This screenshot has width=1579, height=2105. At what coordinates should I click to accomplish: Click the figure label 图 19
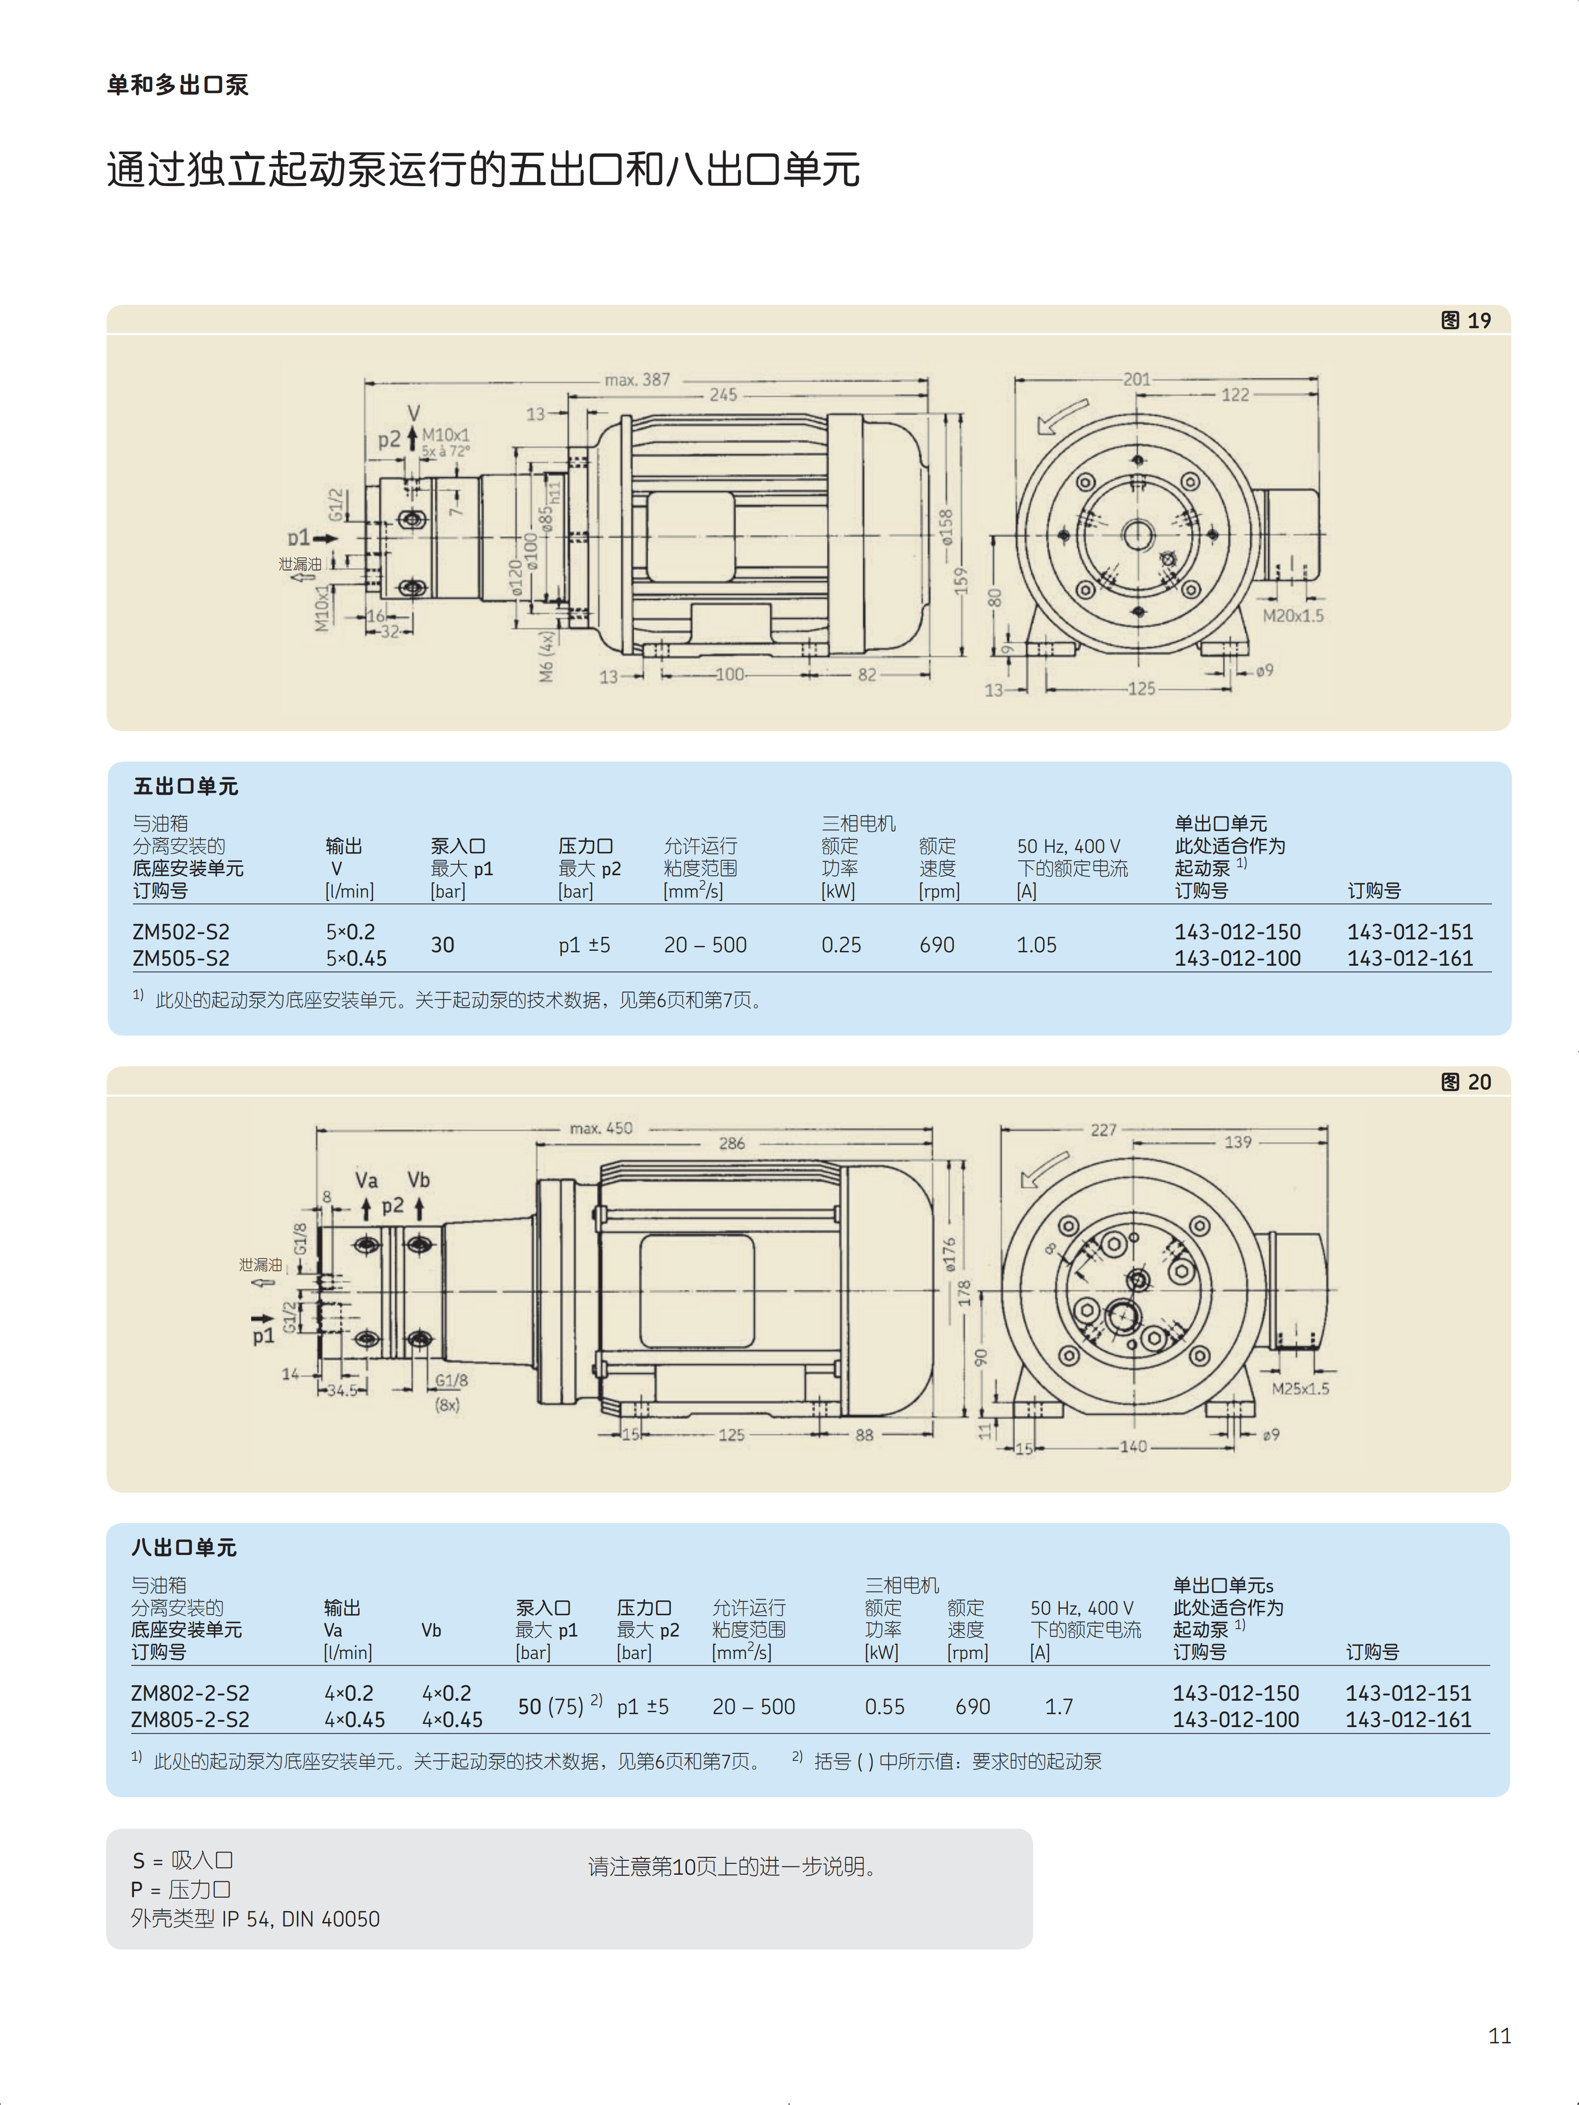pyautogui.click(x=1466, y=321)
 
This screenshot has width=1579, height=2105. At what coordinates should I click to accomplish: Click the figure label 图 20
pyautogui.click(x=1466, y=1082)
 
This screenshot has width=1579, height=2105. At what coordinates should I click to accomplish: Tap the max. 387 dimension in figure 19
pyautogui.click(x=637, y=380)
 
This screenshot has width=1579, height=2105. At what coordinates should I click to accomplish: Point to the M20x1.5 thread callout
pyautogui.click(x=1293, y=616)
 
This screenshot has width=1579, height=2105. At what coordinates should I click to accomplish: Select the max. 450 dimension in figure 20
pyautogui.click(x=601, y=1129)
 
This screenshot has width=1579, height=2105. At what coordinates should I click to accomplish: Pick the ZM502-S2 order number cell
pyautogui.click(x=181, y=931)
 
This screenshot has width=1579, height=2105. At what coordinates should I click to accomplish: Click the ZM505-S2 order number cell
pyautogui.click(x=181, y=958)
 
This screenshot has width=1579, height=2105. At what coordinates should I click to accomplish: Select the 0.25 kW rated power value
pyautogui.click(x=841, y=945)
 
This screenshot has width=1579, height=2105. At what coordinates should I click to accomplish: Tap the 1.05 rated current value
pyautogui.click(x=1036, y=945)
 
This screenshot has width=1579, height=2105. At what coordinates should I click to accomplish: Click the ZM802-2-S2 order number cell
pyautogui.click(x=190, y=1693)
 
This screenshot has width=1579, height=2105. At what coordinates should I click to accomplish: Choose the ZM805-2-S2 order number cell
pyautogui.click(x=190, y=1720)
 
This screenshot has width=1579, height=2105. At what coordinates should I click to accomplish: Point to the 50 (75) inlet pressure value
pyautogui.click(x=559, y=1706)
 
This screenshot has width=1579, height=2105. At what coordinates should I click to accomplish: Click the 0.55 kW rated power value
pyautogui.click(x=884, y=1706)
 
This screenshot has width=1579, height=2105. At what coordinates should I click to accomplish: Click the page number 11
pyautogui.click(x=1499, y=2035)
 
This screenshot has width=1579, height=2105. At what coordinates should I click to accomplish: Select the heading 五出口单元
pyautogui.click(x=186, y=786)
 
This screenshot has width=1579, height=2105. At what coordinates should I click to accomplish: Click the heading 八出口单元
pyautogui.click(x=184, y=1548)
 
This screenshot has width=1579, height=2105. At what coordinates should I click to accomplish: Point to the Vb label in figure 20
pyautogui.click(x=419, y=1180)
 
